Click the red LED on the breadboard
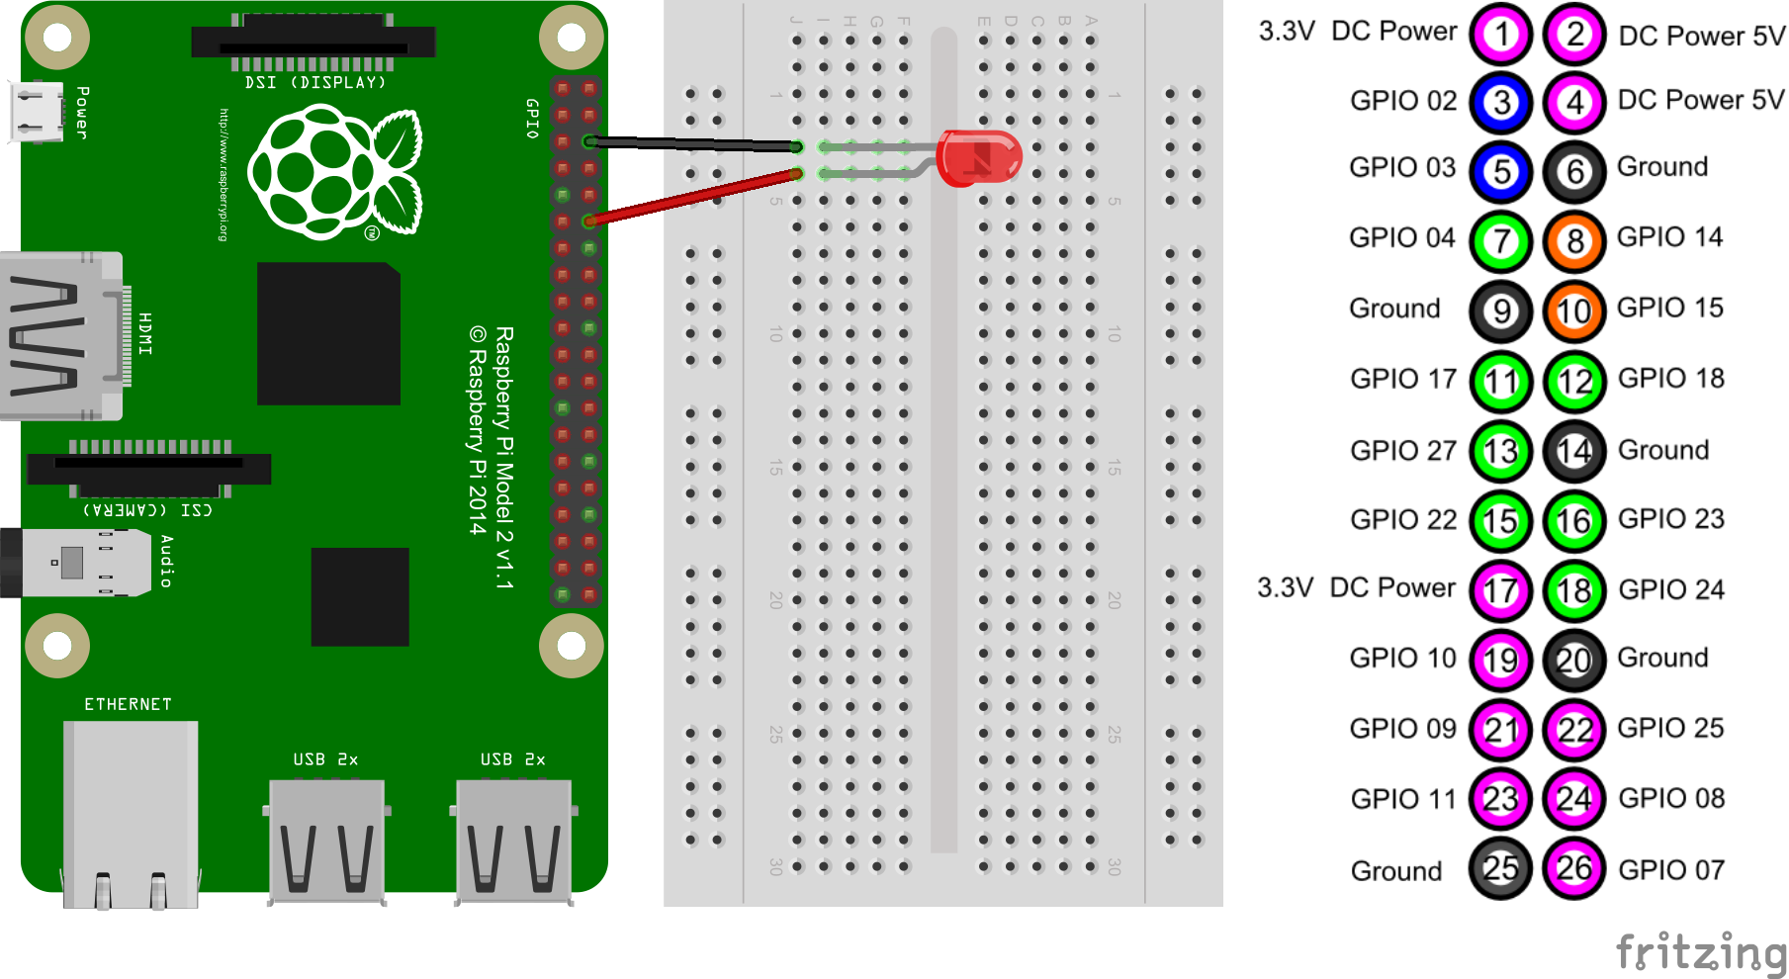[x=978, y=157]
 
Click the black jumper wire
[x=692, y=144]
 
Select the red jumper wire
[x=692, y=196]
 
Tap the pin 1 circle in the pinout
[x=1501, y=34]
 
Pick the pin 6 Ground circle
[x=1574, y=171]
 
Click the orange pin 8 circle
[x=1574, y=240]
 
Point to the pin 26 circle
[x=1574, y=869]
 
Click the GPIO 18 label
[x=1670, y=379]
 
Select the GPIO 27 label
[x=1402, y=451]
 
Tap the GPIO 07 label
[x=1670, y=870]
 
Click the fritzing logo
[x=1700, y=952]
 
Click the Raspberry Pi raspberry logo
[x=334, y=174]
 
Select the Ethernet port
[x=131, y=811]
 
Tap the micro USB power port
[x=37, y=111]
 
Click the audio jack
[x=69, y=563]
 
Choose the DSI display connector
[x=313, y=42]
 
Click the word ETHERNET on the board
[x=128, y=704]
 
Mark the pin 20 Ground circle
[x=1574, y=660]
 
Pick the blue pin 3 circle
[x=1501, y=102]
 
